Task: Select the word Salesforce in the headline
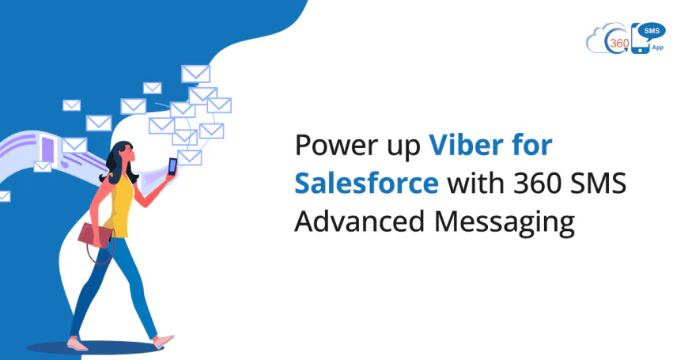click(x=366, y=184)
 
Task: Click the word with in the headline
click(x=473, y=184)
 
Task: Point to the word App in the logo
click(x=658, y=47)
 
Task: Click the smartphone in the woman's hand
click(x=172, y=167)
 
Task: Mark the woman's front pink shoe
click(x=164, y=341)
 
